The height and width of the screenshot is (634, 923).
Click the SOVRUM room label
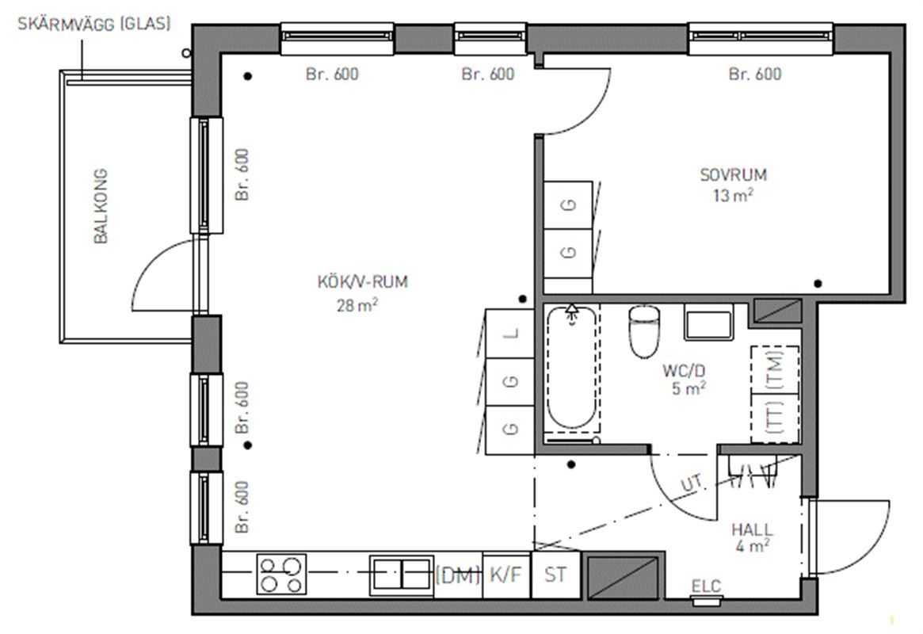(x=733, y=175)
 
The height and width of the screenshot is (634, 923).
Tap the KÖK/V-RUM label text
(x=363, y=282)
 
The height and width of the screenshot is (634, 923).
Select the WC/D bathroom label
(x=684, y=371)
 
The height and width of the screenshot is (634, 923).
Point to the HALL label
(x=753, y=529)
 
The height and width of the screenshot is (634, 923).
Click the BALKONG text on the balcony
(x=101, y=206)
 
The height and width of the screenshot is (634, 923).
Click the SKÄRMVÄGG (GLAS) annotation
(x=94, y=24)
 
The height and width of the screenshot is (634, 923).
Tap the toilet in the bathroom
(x=644, y=331)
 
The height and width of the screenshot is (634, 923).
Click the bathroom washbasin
(x=709, y=322)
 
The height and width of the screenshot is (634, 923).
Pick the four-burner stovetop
(x=281, y=575)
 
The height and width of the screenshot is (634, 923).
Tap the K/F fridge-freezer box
(x=506, y=575)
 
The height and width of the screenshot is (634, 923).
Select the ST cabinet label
(x=555, y=575)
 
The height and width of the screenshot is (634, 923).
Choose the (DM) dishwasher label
(x=458, y=575)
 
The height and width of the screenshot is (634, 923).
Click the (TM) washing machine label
(x=776, y=369)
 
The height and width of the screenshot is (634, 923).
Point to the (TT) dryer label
(x=776, y=416)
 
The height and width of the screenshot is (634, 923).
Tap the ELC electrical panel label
(x=706, y=586)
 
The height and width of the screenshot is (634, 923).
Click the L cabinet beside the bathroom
(x=510, y=334)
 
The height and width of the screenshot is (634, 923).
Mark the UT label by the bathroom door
(x=692, y=484)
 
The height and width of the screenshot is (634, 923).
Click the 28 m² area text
(x=357, y=305)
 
